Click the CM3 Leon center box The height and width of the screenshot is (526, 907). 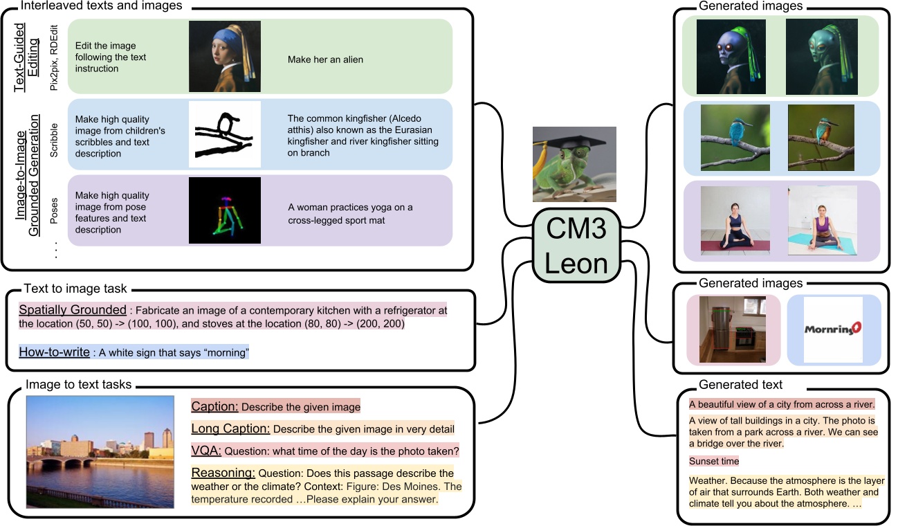pos(574,246)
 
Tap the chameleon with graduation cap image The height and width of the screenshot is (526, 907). pos(574,164)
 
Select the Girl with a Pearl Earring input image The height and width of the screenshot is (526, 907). pos(225,56)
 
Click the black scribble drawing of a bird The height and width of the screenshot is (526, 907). pos(225,134)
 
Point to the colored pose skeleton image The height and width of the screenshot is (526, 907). pos(225,210)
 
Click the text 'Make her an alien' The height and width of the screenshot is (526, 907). pos(325,60)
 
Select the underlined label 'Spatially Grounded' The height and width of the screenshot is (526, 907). pos(73,310)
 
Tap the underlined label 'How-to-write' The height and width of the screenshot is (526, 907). pos(54,352)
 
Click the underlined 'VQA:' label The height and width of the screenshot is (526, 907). pos(206,451)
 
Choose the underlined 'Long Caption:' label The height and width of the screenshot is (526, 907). pos(230,429)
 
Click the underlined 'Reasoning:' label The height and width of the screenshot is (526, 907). pos(223,473)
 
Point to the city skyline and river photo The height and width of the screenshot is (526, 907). pos(100,452)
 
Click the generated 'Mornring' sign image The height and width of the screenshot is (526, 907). pos(834,330)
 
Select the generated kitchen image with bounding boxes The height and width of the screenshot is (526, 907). pos(733,329)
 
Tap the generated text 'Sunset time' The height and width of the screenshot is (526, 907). pos(713,461)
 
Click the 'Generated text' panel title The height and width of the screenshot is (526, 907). pos(740,385)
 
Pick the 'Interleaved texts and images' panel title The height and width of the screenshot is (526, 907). pos(102,6)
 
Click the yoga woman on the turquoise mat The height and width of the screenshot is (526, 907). pos(822,220)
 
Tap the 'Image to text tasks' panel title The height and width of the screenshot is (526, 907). pos(78,385)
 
